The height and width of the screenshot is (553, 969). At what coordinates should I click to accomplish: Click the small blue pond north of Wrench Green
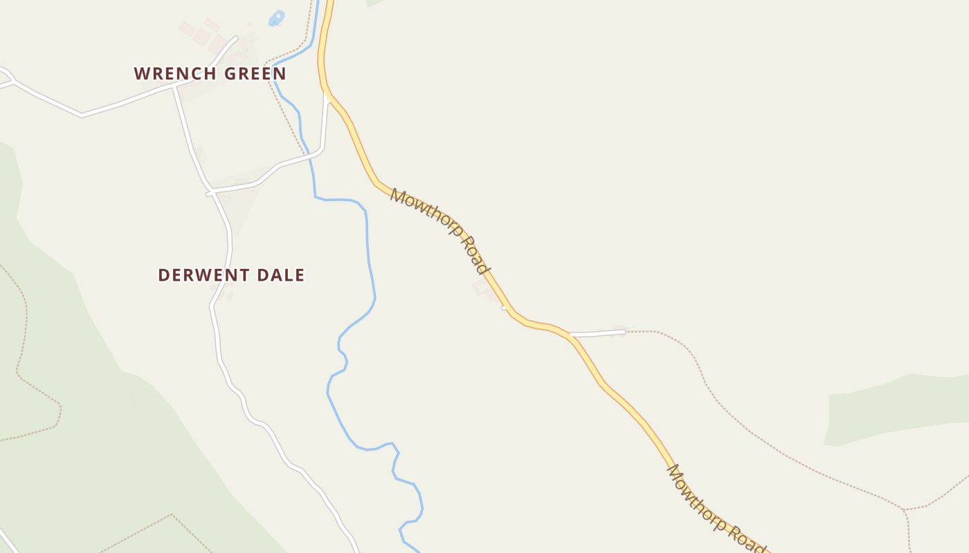point(277,17)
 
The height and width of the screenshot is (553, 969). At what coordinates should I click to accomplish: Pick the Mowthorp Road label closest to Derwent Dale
point(440,230)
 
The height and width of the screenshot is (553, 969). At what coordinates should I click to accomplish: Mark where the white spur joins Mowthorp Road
point(571,335)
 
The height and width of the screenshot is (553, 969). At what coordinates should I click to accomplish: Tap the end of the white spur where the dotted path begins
point(625,332)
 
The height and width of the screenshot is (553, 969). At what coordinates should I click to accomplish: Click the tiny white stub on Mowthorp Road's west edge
point(504,308)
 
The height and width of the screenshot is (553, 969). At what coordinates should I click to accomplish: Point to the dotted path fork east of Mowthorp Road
point(904,510)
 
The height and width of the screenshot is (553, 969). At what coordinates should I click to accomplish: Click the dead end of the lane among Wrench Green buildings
point(235,38)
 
